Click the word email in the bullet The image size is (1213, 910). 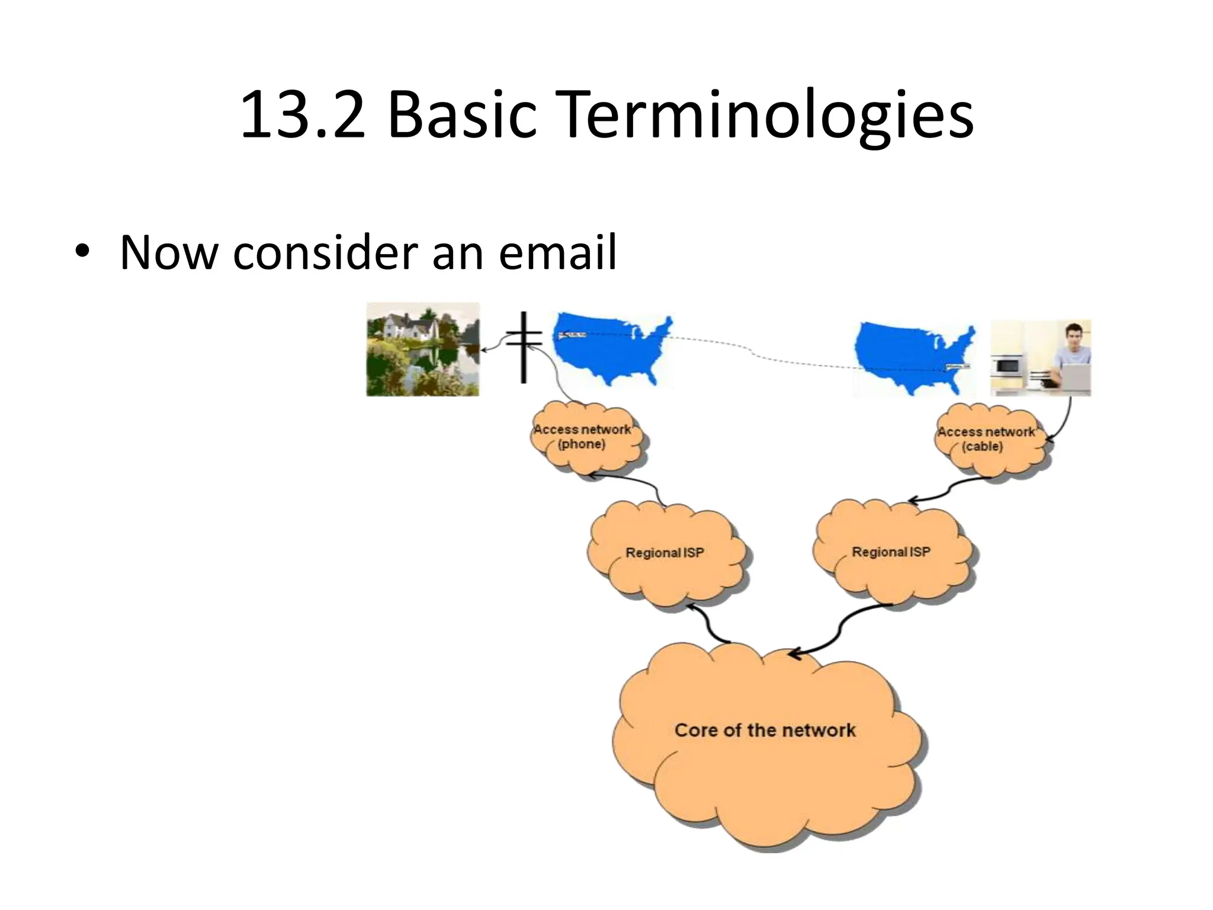pyautogui.click(x=557, y=253)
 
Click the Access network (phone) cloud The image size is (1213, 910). pyautogui.click(x=584, y=438)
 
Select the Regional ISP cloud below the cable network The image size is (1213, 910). pyautogui.click(x=891, y=552)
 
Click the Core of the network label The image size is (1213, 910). pyautogui.click(x=765, y=730)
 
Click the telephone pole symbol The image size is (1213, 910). pyautogui.click(x=524, y=347)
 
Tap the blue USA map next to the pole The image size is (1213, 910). pyautogui.click(x=613, y=350)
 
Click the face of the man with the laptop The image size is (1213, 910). pyautogui.click(x=1073, y=337)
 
